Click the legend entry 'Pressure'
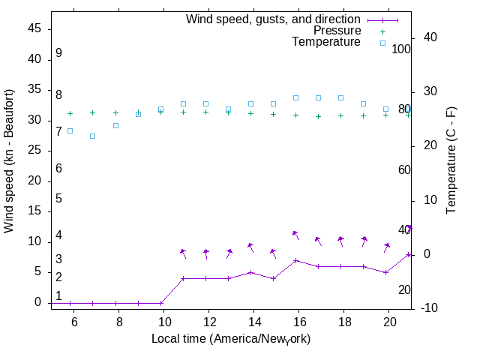tap(337, 31)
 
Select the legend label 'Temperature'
tap(326, 42)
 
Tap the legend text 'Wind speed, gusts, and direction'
tap(274, 19)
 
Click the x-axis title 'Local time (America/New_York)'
tap(231, 338)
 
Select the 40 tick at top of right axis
tap(420, 37)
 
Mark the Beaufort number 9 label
tap(58, 53)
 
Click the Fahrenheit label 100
tap(401, 49)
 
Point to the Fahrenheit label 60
tap(404, 169)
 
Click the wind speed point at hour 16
tap(296, 260)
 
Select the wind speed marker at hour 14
tap(250, 272)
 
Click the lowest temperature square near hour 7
tap(93, 136)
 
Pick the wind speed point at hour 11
tap(183, 278)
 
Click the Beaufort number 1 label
tap(58, 295)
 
